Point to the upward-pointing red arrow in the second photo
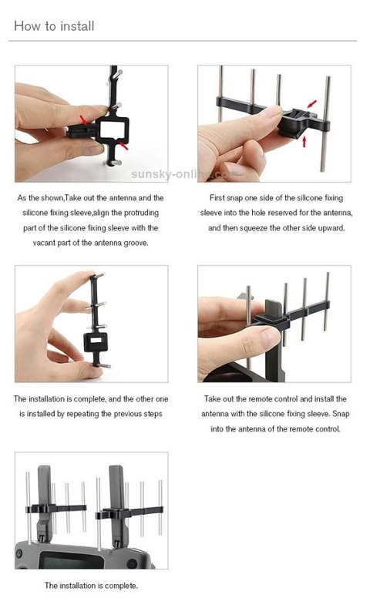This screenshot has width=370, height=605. click(305, 141)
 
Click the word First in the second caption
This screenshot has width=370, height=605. click(231, 198)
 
